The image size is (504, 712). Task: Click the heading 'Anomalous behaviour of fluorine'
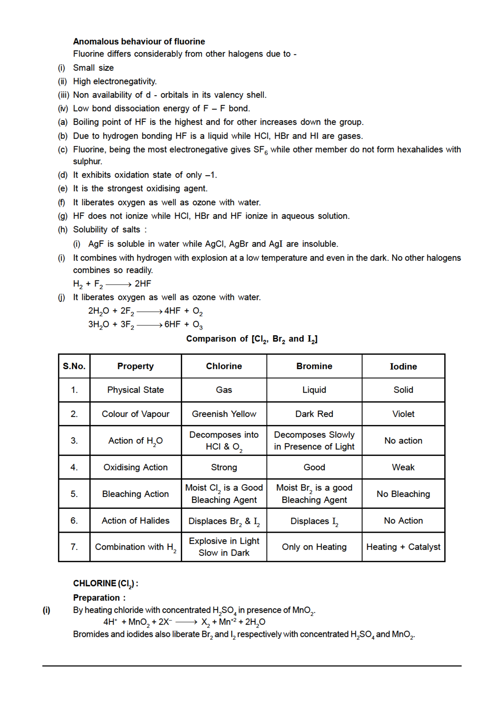[139, 41]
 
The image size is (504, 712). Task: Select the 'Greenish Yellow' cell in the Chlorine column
[224, 414]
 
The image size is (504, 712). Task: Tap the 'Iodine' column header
[403, 366]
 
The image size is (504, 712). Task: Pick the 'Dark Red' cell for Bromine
[314, 414]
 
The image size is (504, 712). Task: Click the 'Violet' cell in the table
[403, 414]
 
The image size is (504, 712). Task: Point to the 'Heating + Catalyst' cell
[403, 547]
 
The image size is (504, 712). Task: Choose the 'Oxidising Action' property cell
[135, 467]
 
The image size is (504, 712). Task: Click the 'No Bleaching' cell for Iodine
[403, 494]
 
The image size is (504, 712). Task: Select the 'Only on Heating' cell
[314, 547]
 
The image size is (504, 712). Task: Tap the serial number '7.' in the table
[74, 547]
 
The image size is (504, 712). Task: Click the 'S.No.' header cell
[74, 366]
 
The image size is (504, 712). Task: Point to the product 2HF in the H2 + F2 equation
[143, 284]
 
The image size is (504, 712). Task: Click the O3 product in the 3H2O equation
[198, 325]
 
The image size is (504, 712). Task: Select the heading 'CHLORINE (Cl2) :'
[105, 584]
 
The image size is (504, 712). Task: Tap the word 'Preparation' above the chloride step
[97, 598]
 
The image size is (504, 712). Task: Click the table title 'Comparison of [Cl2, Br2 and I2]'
[252, 339]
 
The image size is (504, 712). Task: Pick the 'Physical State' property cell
[135, 390]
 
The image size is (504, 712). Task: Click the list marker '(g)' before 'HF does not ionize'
[63, 216]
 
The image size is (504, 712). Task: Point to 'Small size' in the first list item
[93, 68]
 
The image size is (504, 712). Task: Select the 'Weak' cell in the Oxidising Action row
[403, 467]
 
